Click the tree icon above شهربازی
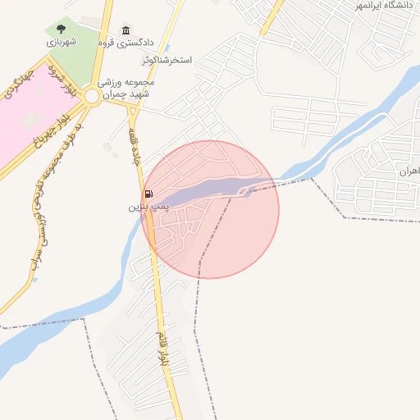coord(61,30)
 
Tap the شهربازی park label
coord(61,42)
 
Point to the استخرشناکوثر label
coord(167,61)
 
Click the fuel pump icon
coord(148,194)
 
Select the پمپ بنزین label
coord(141,207)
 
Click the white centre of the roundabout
coord(92,98)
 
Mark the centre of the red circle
coord(210,209)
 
